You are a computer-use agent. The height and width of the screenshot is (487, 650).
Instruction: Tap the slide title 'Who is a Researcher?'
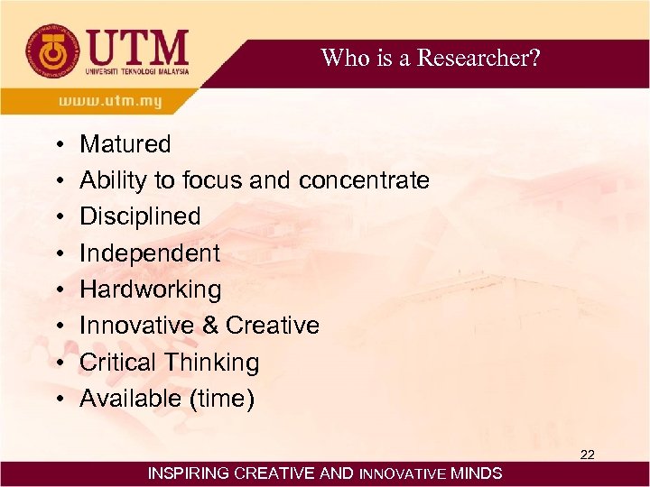[x=431, y=59]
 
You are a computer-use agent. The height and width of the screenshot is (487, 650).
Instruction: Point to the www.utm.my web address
[x=110, y=101]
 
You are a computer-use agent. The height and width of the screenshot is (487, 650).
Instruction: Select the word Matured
[x=125, y=144]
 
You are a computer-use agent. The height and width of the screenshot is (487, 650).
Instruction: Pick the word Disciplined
[x=140, y=216]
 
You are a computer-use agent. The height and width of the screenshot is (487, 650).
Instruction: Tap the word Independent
[x=149, y=253]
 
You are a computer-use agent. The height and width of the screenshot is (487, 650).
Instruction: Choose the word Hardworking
[x=150, y=289]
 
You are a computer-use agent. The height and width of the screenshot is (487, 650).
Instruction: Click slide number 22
[x=587, y=455]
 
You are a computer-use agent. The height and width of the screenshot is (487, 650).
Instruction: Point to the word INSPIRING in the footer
[x=188, y=473]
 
